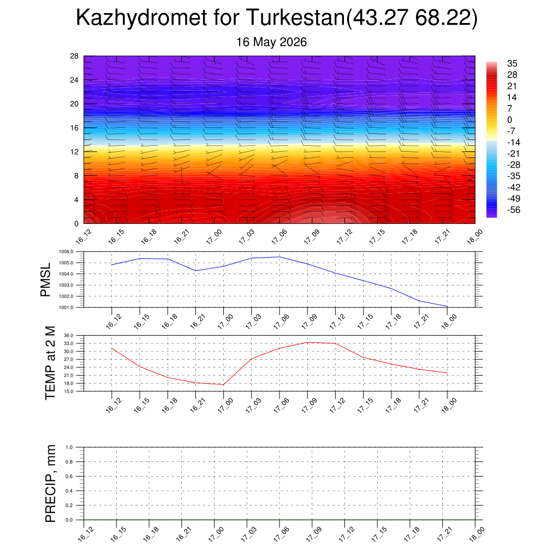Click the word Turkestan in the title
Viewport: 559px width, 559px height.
point(295,17)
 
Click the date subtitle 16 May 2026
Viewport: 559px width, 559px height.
point(271,42)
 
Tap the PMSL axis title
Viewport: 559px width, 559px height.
point(46,280)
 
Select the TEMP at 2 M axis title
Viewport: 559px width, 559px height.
point(50,363)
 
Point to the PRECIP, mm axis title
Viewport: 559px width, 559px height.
point(50,484)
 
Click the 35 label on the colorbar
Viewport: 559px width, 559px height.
point(512,63)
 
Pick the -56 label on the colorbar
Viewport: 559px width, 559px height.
point(513,210)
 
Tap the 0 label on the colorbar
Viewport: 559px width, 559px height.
point(509,120)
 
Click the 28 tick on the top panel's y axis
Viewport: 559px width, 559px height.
point(74,56)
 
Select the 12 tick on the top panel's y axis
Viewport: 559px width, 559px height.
point(74,152)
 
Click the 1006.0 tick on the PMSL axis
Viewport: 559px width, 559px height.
point(66,252)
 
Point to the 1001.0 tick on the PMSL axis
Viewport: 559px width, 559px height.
point(66,307)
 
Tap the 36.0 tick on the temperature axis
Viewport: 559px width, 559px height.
point(68,336)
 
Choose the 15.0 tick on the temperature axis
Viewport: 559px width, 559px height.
point(68,391)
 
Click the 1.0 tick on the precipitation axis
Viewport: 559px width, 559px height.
point(69,447)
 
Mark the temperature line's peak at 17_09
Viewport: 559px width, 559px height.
point(307,342)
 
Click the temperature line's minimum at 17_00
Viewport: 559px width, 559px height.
point(223,385)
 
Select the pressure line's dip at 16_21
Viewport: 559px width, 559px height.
point(196,271)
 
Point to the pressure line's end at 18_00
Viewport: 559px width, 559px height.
point(447,306)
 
